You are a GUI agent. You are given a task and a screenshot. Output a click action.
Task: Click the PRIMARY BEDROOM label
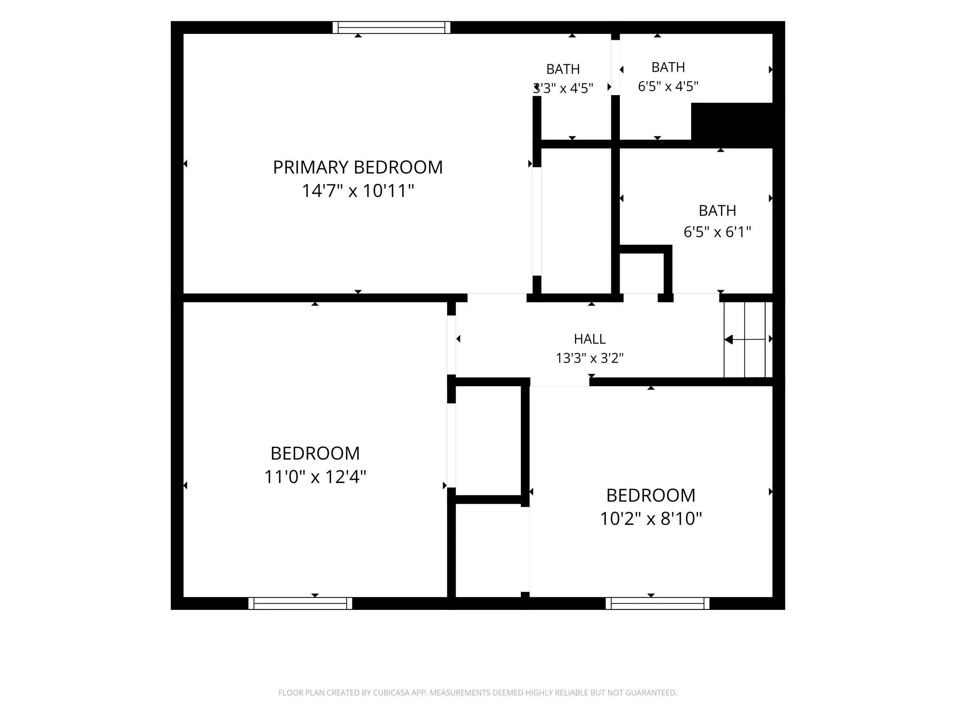click(358, 167)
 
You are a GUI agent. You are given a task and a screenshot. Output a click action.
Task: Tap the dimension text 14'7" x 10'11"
click(358, 190)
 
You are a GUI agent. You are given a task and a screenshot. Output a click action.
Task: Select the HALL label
click(590, 339)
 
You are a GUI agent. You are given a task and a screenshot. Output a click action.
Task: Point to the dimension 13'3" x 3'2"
click(590, 358)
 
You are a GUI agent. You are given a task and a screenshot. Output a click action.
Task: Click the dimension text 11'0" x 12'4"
click(315, 477)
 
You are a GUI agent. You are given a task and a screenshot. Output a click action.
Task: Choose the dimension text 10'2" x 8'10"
click(651, 518)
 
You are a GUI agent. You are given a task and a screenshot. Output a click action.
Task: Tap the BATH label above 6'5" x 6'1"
click(717, 211)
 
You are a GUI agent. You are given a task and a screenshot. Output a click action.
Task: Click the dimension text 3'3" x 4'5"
click(563, 88)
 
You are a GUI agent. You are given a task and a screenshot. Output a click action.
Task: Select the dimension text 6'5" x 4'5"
click(668, 86)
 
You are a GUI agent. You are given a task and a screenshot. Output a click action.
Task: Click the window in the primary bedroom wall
click(391, 28)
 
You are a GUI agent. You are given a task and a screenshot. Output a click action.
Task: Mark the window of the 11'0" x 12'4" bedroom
click(300, 603)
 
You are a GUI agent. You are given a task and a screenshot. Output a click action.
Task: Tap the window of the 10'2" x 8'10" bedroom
click(657, 603)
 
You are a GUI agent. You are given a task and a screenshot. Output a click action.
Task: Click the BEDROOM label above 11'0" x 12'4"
click(315, 454)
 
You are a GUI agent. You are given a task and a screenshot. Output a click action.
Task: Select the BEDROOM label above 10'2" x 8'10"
click(651, 495)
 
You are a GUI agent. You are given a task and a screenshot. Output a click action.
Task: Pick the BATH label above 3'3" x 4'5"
click(563, 69)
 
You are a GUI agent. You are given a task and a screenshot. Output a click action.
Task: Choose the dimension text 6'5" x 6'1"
click(717, 232)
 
